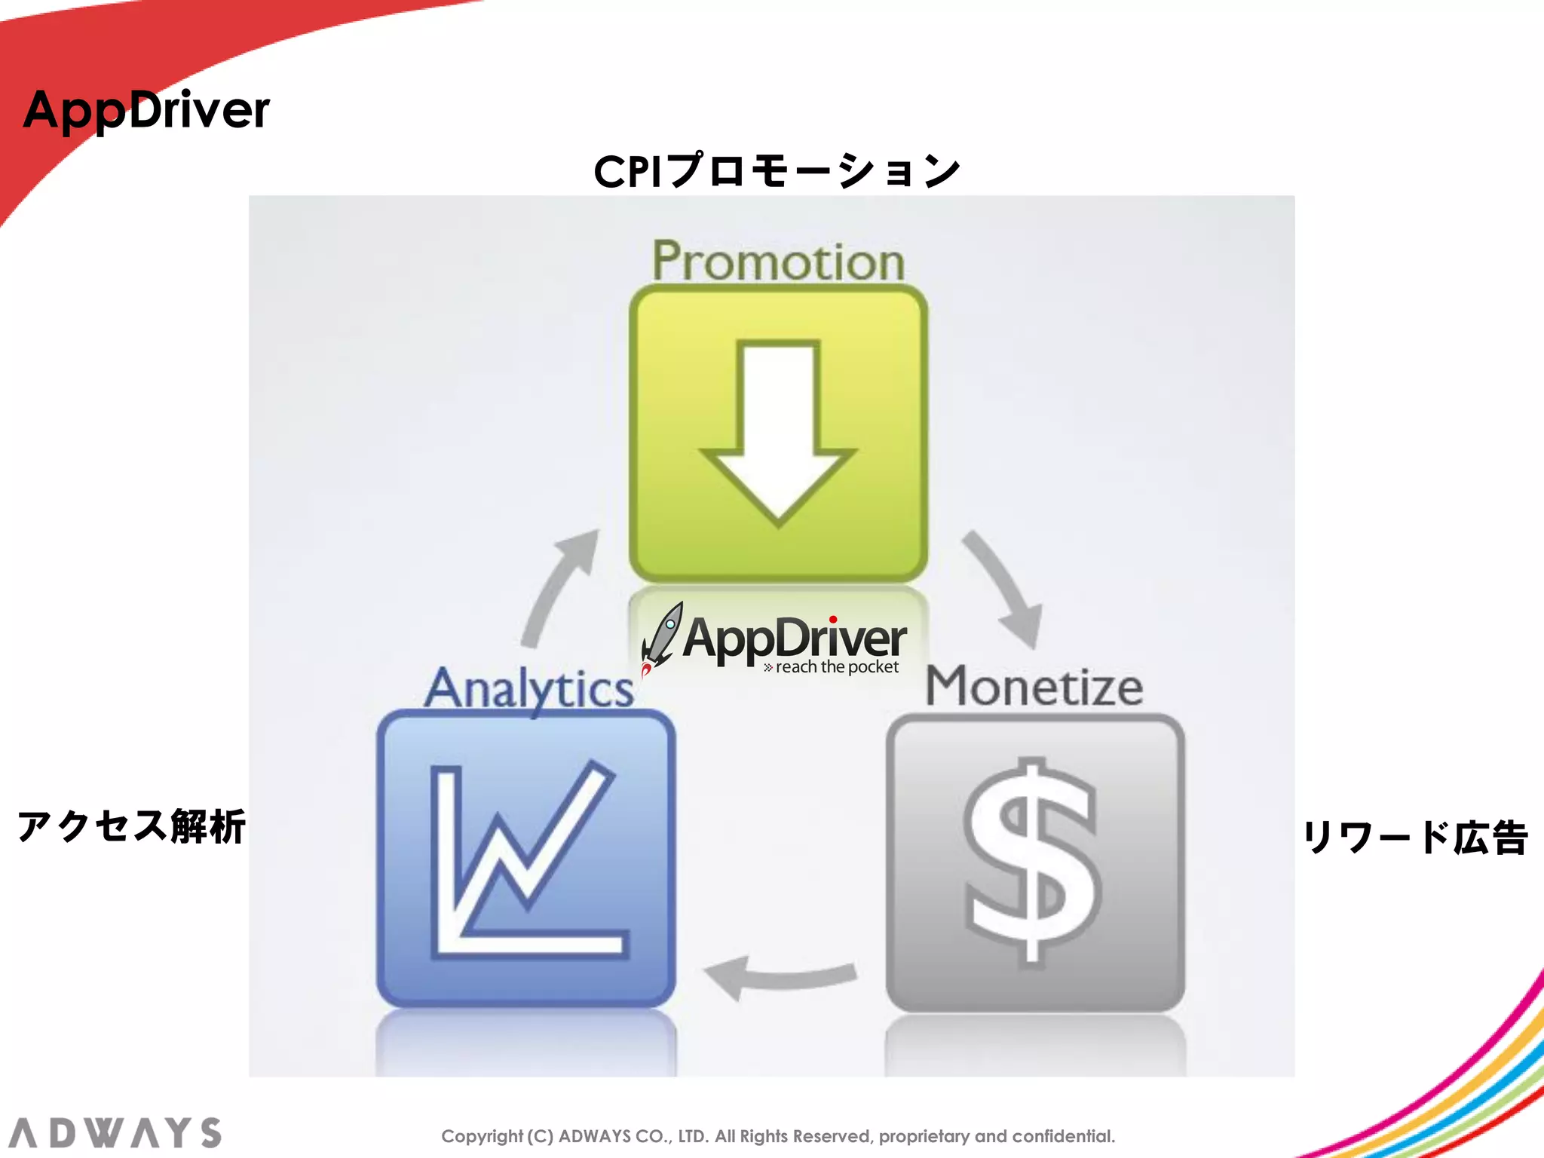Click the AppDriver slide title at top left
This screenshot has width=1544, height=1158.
coord(146,110)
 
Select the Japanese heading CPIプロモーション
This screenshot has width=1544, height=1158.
coord(777,170)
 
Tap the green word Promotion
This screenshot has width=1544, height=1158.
coord(778,261)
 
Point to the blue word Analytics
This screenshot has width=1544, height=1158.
coord(528,688)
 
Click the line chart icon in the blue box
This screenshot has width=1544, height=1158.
coord(526,859)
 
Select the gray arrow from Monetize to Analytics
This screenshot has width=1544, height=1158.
coord(780,976)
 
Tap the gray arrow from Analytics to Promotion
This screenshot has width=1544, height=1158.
coord(558,585)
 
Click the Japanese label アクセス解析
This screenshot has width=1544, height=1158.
coord(131,826)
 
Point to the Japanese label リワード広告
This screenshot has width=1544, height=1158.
coord(1416,837)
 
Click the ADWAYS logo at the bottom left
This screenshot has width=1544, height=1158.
coord(115,1133)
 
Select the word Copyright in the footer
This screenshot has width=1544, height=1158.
coord(482,1136)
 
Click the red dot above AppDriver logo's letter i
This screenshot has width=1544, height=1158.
coord(833,620)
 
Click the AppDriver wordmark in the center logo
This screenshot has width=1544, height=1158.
coord(795,639)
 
